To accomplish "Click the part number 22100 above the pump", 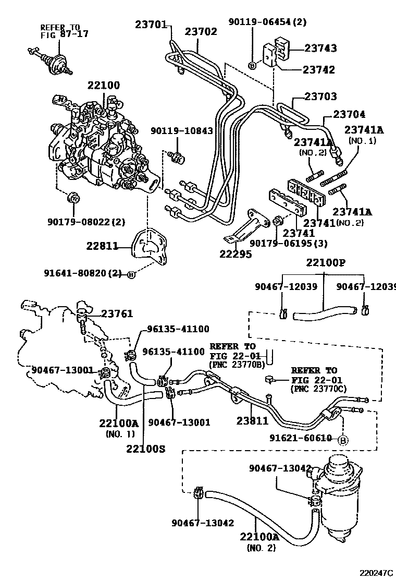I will click(x=103, y=85).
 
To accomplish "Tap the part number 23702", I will click(x=201, y=31).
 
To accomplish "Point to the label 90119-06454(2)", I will click(x=268, y=21).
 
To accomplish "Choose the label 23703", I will click(x=320, y=96).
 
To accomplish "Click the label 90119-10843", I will click(x=182, y=130).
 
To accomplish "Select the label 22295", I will click(x=236, y=255).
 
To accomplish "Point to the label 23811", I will click(x=252, y=421).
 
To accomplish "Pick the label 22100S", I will click(x=145, y=448).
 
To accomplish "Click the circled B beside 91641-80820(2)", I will click(x=131, y=274).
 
